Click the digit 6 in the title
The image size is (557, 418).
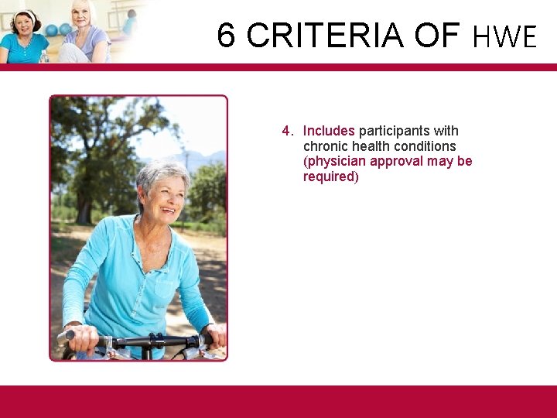(x=226, y=36)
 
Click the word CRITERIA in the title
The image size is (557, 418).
(x=325, y=36)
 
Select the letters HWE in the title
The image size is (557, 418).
(x=504, y=36)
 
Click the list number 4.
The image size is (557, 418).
(x=286, y=131)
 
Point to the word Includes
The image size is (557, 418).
(x=329, y=131)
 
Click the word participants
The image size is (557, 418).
(x=398, y=131)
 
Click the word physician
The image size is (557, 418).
(x=337, y=161)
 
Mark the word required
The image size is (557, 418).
(x=329, y=176)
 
